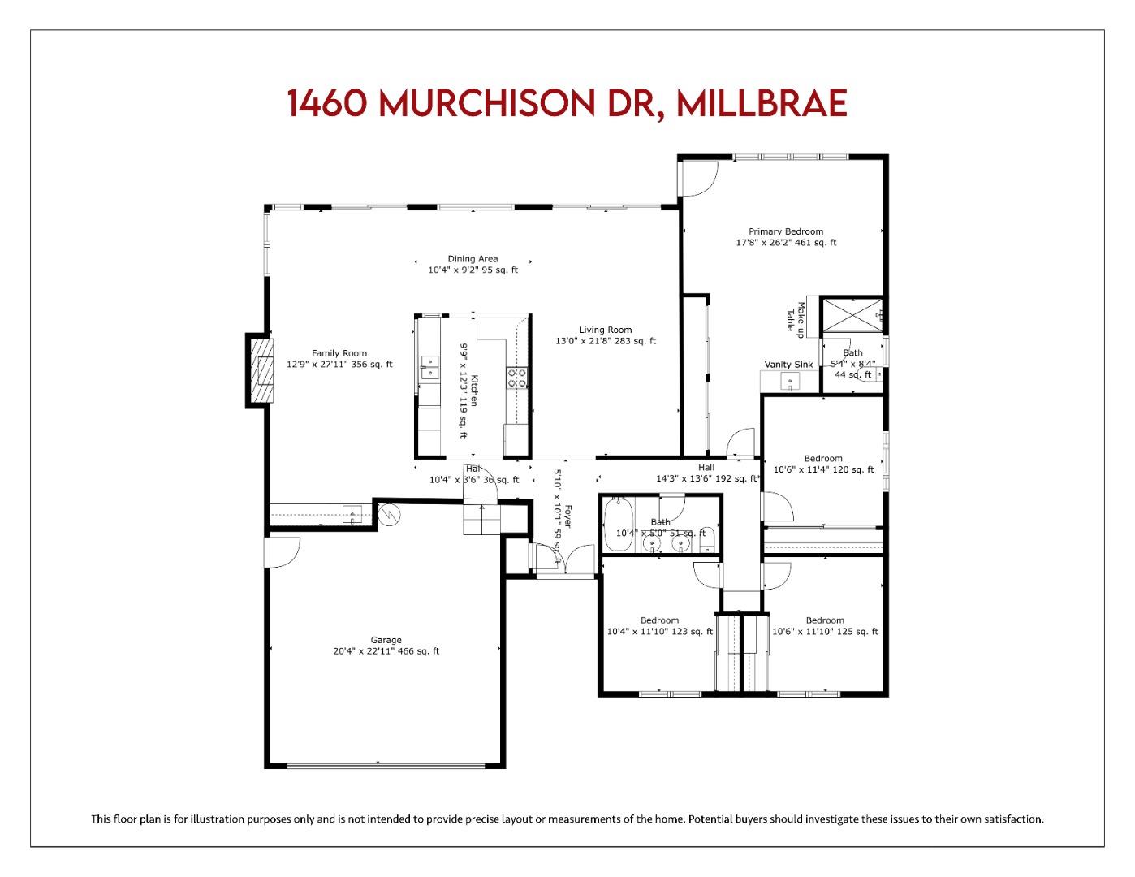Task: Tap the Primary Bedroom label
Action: (x=785, y=237)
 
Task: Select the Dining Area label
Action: (x=473, y=265)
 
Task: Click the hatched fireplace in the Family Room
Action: (x=262, y=370)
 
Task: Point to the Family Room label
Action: (x=339, y=359)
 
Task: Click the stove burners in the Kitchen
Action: (x=516, y=377)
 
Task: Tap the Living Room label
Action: (x=605, y=335)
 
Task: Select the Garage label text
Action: (x=386, y=646)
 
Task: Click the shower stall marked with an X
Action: (x=852, y=315)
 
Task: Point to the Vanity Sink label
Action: (x=788, y=365)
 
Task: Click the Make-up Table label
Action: (x=794, y=317)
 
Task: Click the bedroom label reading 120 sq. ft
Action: (x=822, y=464)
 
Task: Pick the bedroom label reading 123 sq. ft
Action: (x=659, y=626)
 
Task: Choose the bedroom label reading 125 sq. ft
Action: (x=825, y=626)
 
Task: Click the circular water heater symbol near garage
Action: (x=391, y=515)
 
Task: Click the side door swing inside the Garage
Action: (x=283, y=552)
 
